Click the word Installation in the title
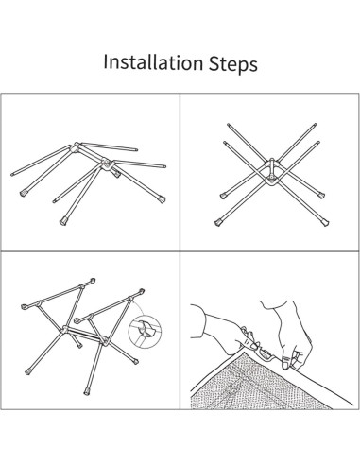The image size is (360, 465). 153,62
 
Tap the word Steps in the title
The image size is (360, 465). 233,63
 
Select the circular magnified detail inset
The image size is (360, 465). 146,329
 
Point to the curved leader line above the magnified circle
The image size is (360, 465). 140,306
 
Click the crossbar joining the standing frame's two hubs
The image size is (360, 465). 84,334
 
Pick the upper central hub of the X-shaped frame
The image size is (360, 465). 271,164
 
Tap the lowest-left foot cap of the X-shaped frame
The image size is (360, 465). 218,223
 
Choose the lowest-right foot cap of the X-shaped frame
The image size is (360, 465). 325,223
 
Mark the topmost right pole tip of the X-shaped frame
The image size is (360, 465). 315,125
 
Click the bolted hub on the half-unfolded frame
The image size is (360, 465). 107,164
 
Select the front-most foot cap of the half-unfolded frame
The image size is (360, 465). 63,222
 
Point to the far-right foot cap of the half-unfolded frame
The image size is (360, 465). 163,199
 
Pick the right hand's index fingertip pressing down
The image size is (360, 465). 285,365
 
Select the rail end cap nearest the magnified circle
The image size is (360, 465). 142,291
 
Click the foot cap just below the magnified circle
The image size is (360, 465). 136,361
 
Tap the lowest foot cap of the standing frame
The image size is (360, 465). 87,392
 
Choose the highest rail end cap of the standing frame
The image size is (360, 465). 93,281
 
